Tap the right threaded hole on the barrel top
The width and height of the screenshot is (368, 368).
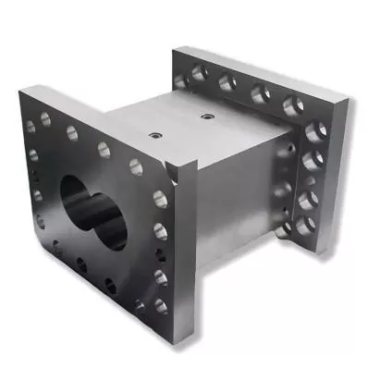(x=206, y=117)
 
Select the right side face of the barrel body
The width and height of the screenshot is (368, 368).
(x=236, y=203)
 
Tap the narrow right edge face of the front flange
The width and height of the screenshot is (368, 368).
(x=186, y=250)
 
